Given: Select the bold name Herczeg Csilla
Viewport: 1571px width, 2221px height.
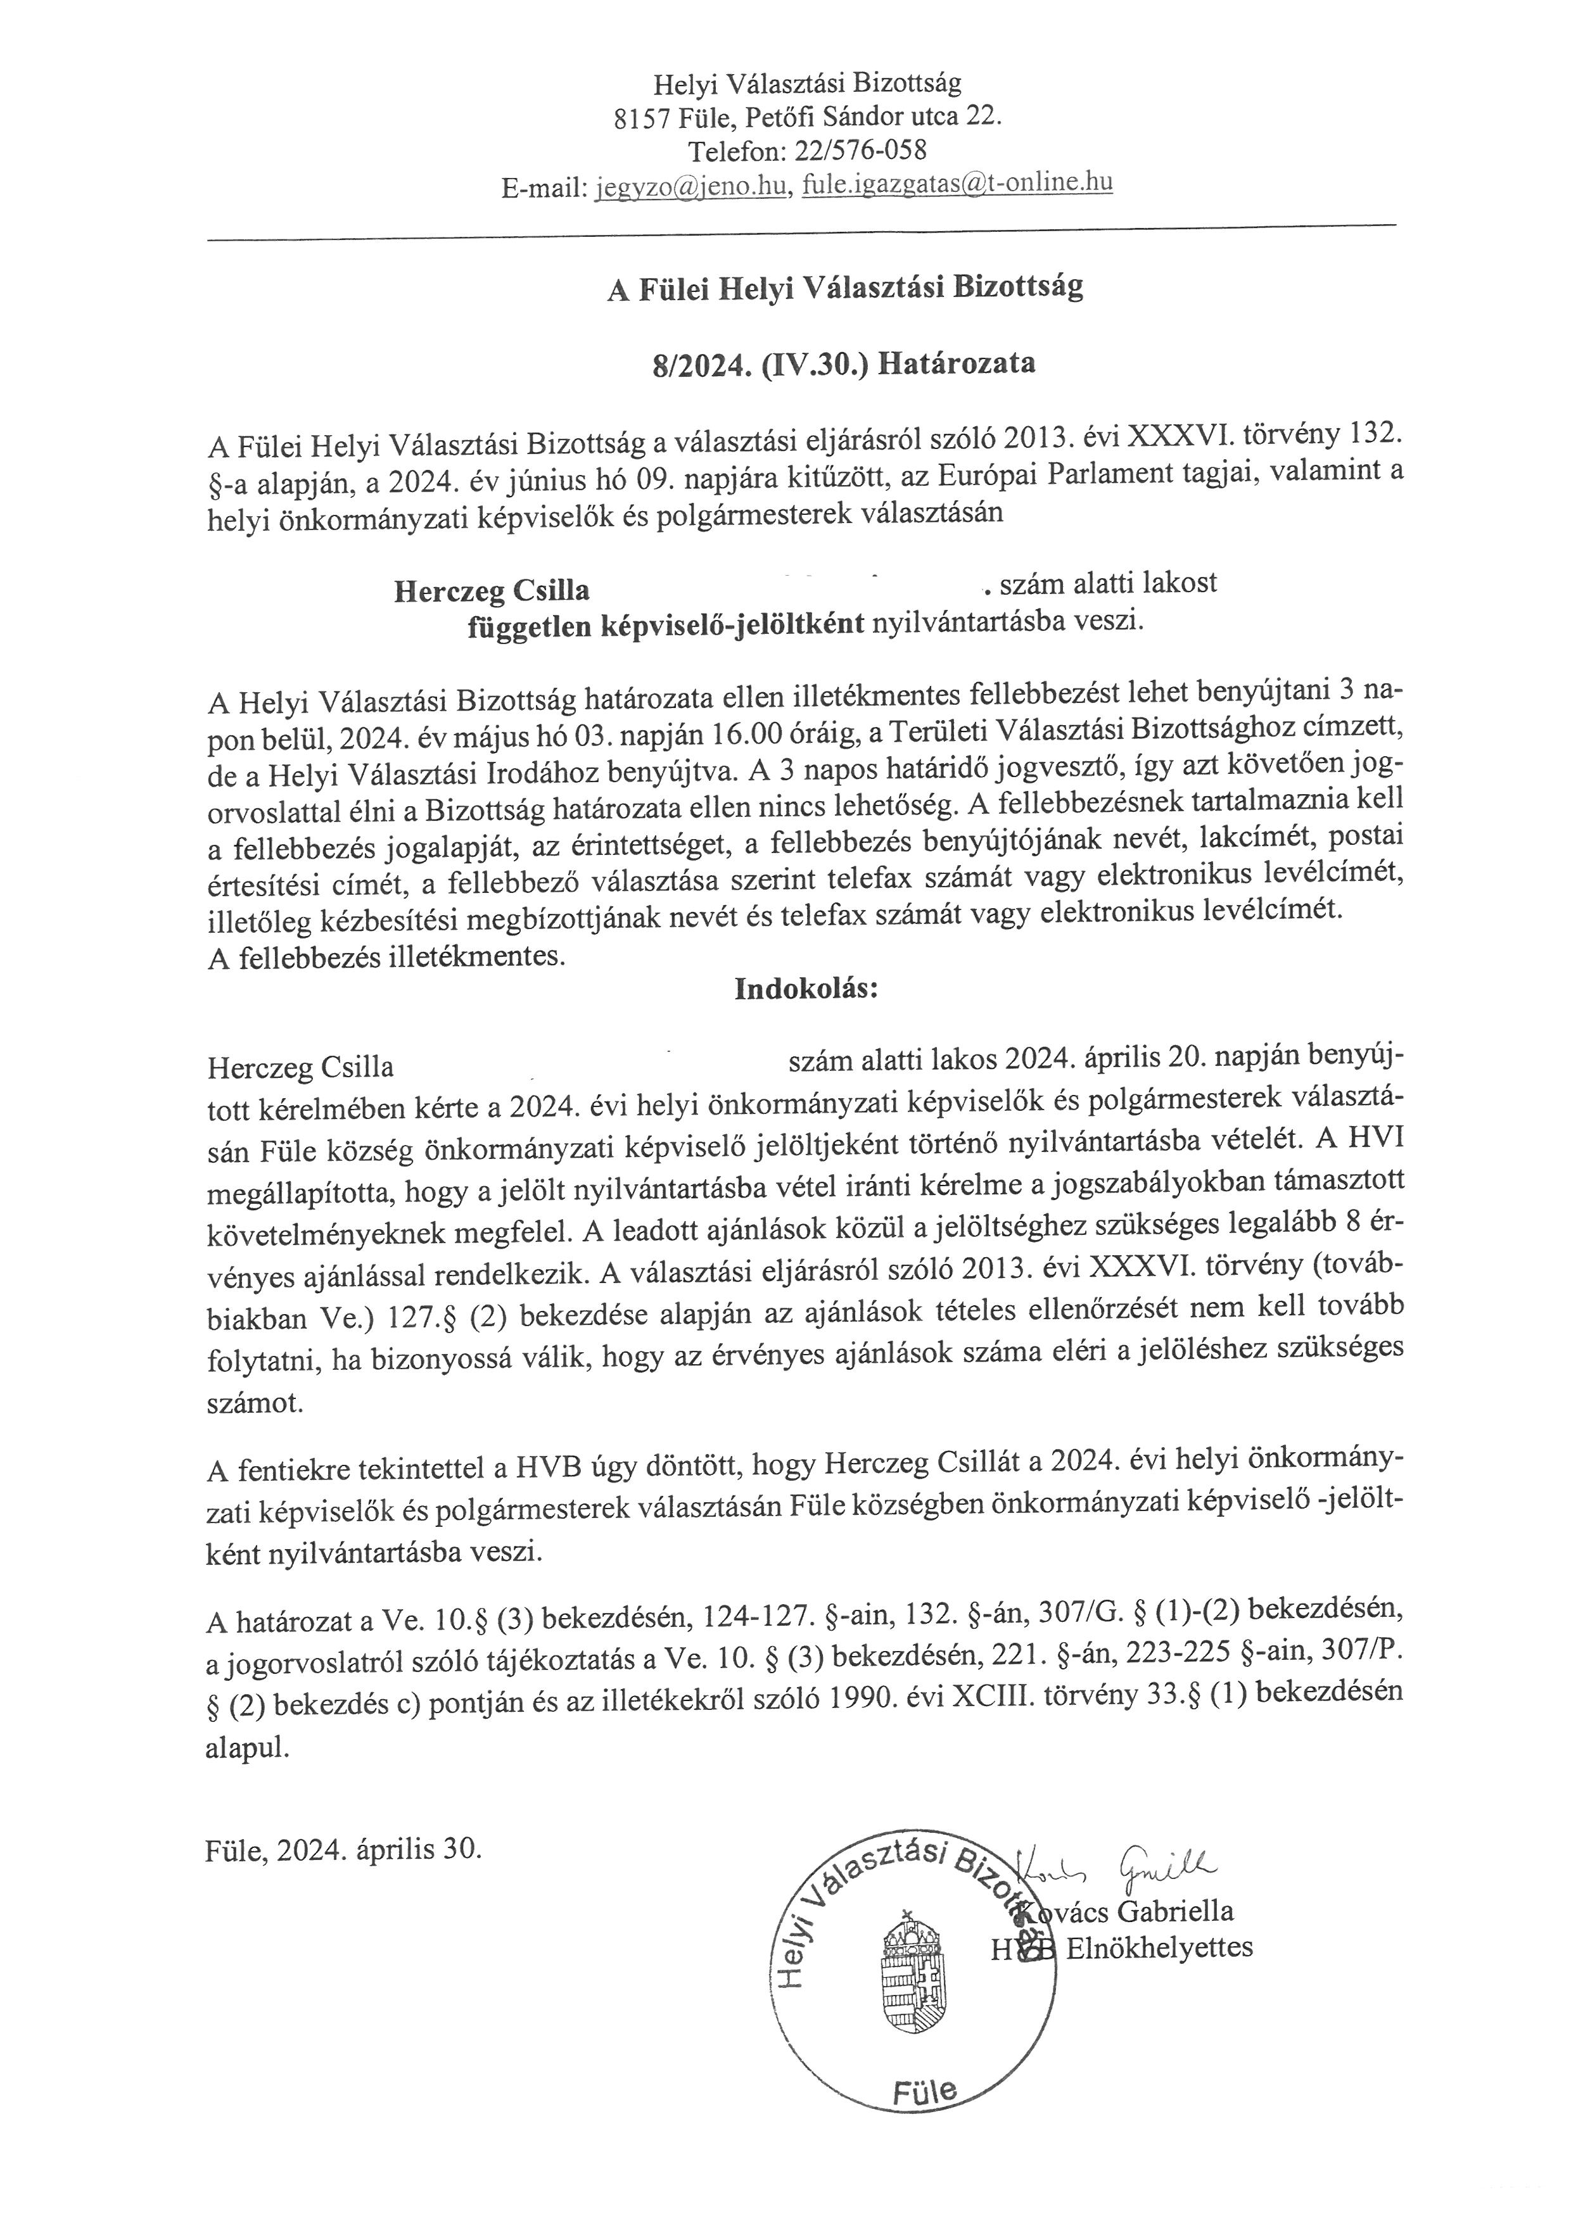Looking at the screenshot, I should tap(492, 590).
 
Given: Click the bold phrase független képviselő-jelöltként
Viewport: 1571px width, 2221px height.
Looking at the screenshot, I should tap(666, 626).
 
